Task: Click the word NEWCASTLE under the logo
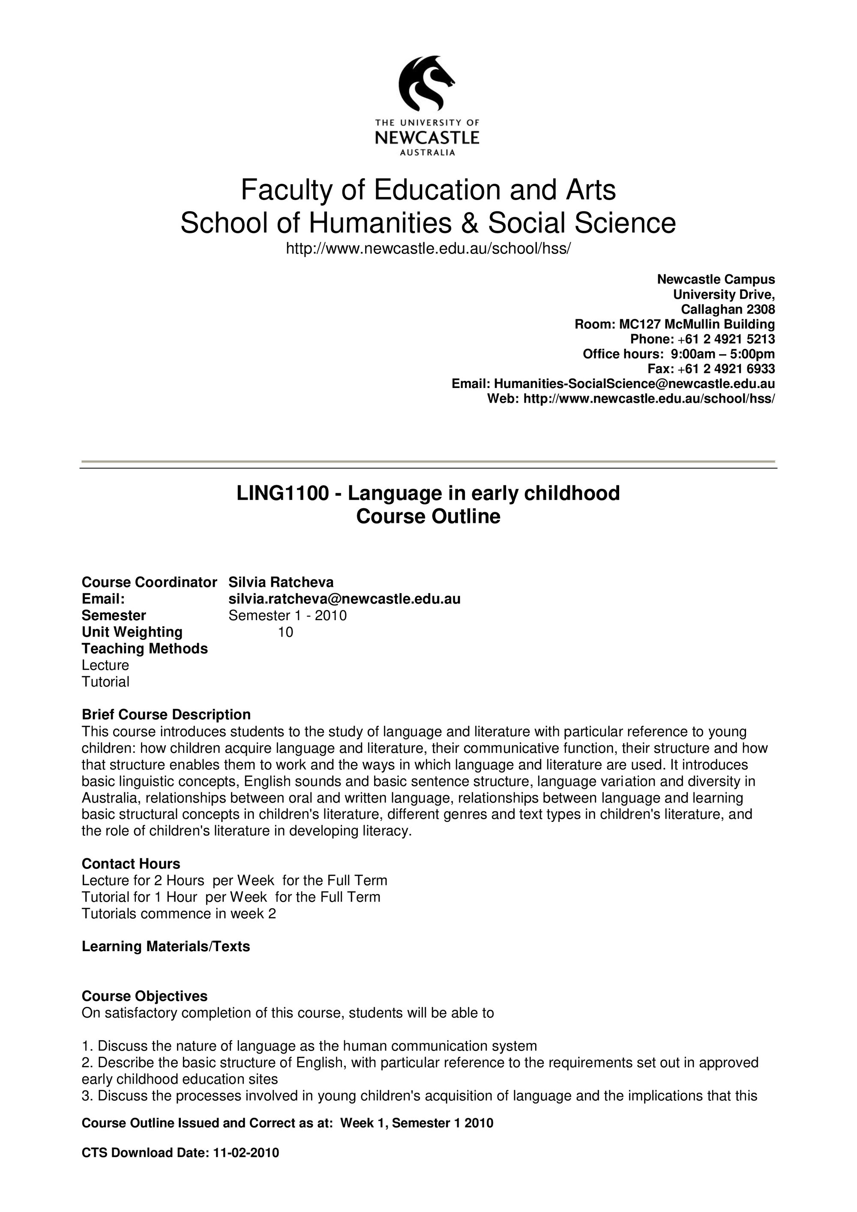(427, 138)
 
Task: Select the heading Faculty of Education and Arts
(428, 190)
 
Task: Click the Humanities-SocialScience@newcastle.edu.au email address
(634, 384)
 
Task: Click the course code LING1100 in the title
(282, 493)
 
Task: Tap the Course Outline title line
(428, 516)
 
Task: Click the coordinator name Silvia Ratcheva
(281, 582)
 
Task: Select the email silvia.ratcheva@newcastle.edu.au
(344, 599)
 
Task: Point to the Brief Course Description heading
(166, 715)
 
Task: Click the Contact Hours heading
(131, 863)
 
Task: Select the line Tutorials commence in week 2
(179, 913)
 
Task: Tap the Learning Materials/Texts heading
(166, 946)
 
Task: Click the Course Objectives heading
(145, 996)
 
